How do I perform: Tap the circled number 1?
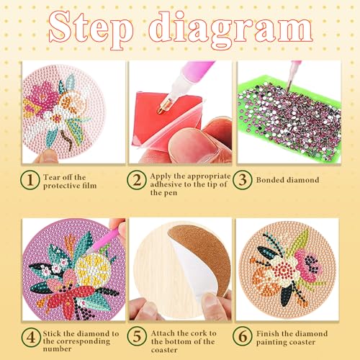30,180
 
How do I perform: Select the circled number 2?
137,180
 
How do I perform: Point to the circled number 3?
243,180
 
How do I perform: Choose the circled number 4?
31,337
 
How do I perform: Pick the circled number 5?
137,336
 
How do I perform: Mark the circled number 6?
243,336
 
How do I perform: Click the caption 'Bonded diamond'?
287,180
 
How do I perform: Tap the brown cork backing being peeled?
204,254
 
